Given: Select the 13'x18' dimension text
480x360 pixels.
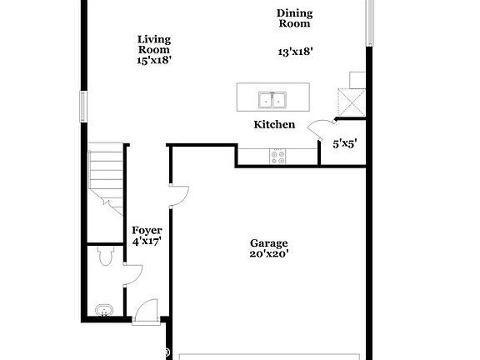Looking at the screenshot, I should (x=295, y=52).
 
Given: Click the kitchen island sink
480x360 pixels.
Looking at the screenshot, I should (x=272, y=100).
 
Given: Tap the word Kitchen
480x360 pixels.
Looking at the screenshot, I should (x=274, y=125).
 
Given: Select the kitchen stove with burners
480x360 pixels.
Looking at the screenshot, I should (x=277, y=154).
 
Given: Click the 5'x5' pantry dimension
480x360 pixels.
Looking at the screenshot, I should (x=345, y=143).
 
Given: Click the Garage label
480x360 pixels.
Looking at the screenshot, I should (x=268, y=243).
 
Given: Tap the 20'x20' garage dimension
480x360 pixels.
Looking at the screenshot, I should (x=268, y=255).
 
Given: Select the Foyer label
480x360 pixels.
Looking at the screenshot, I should (x=147, y=230).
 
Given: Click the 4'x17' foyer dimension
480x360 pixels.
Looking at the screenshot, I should (x=147, y=242).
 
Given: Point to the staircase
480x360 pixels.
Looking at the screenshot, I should (x=107, y=177).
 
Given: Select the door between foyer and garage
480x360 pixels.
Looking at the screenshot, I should (x=178, y=194).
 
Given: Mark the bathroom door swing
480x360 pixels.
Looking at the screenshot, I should (x=133, y=272).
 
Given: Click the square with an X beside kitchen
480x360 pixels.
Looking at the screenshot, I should (x=347, y=102).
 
